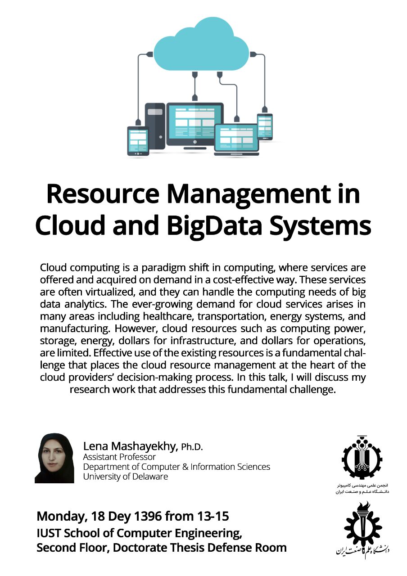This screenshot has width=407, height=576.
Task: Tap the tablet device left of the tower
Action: pos(138,141)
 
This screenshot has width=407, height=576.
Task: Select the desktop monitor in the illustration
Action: pos(195,124)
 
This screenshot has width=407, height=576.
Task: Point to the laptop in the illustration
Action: pos(237,139)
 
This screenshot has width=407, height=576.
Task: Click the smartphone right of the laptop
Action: pos(265,126)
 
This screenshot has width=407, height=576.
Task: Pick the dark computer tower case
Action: pos(155,126)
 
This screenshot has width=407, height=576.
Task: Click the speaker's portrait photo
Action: pos(54,458)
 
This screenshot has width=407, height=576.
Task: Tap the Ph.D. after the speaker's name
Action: pos(192,447)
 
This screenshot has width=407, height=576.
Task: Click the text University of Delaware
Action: pos(125,477)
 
